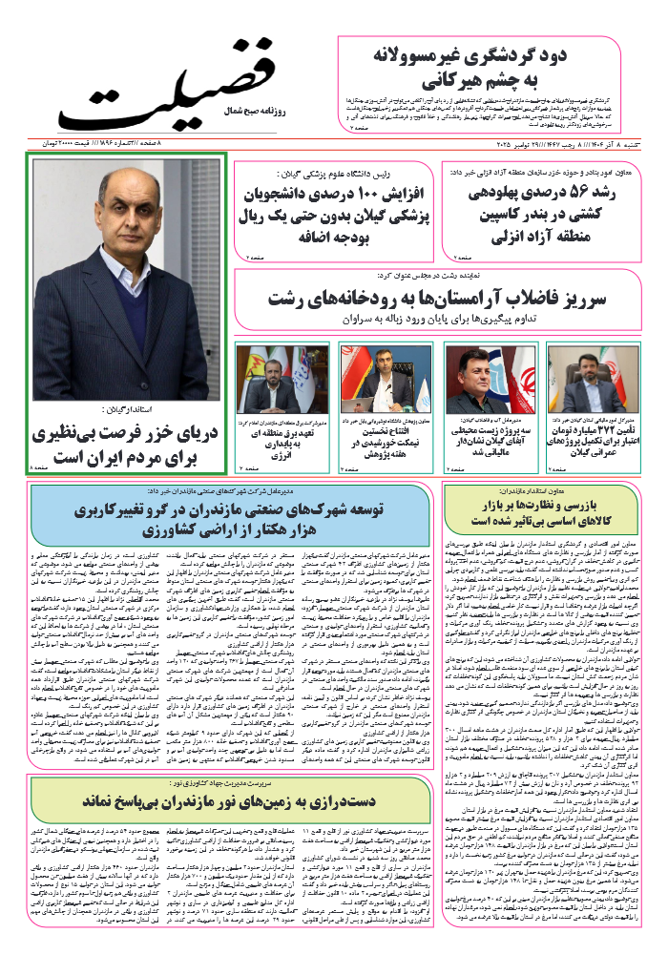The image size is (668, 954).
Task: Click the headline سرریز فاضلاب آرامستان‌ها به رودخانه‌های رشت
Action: (439, 299)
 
